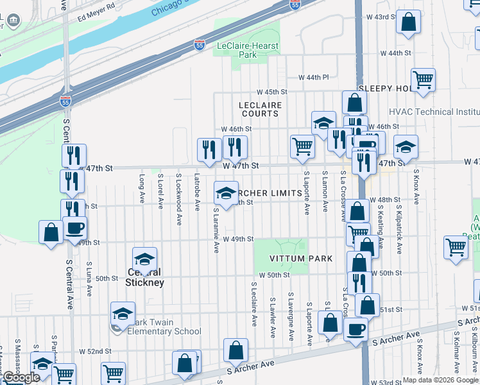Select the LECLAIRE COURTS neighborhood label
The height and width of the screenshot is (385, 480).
click(260, 109)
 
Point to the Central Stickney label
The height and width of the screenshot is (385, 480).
click(144, 277)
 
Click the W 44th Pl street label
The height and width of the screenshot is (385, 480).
click(313, 77)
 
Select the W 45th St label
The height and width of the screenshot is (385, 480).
click(272, 92)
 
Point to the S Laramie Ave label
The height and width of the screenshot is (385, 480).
click(216, 230)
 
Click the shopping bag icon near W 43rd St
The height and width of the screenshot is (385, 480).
click(408, 23)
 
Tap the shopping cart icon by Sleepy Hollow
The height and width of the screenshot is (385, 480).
click(424, 80)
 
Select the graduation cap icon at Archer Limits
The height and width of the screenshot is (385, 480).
click(225, 193)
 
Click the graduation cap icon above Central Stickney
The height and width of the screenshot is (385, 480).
click(145, 259)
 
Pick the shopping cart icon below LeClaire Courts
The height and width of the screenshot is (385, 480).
click(302, 146)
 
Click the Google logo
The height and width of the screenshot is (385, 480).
click(21, 377)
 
